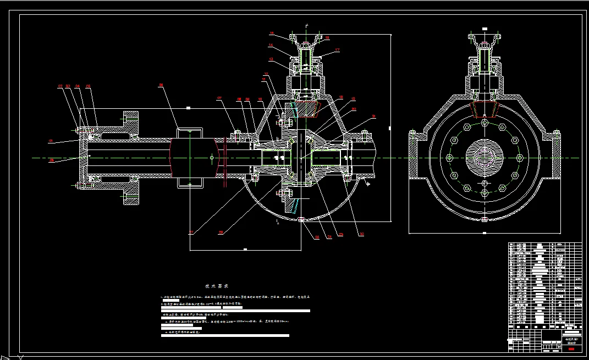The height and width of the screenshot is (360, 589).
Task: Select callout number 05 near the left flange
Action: pos(88,86)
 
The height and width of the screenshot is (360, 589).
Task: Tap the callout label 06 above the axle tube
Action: pos(161,85)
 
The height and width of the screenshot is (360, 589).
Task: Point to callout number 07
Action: pos(219,98)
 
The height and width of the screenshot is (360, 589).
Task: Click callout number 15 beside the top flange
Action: pos(271,34)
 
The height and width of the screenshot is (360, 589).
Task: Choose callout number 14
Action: pos(271,45)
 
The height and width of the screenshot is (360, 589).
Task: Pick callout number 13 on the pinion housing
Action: pos(271,59)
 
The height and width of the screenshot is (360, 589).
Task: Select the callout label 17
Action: pos(337,50)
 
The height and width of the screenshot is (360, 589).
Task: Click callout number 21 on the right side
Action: pos(373,117)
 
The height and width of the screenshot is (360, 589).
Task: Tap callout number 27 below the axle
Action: pos(191,232)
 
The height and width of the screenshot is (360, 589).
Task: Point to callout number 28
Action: pos(221,232)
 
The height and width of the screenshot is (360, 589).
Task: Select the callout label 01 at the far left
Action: pos(51,142)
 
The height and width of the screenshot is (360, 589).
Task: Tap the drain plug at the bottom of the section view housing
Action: pos(301,220)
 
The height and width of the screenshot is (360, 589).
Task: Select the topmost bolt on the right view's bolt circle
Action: pos(483,123)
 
